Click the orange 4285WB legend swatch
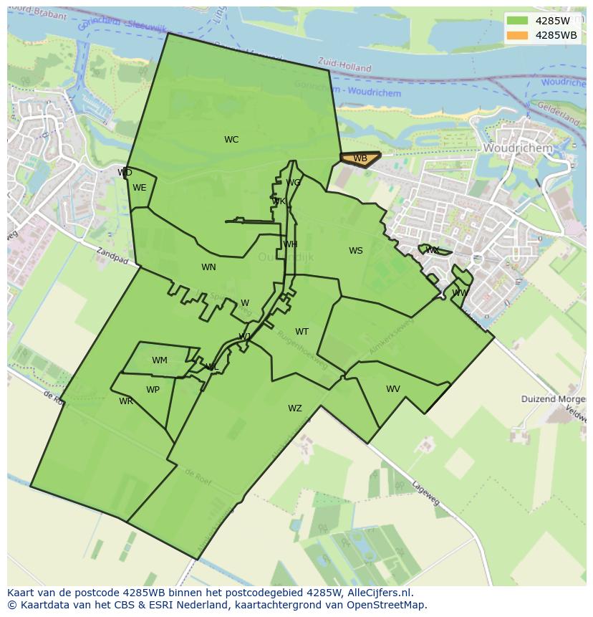click(x=517, y=35)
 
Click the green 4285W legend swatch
click(x=517, y=21)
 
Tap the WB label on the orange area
click(x=360, y=158)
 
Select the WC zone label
click(x=231, y=140)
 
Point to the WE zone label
click(x=140, y=188)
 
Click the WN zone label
click(x=208, y=267)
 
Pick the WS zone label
click(x=356, y=251)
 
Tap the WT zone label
click(x=302, y=332)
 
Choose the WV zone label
click(x=393, y=389)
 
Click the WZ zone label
click(x=295, y=408)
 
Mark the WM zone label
click(x=160, y=360)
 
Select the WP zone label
click(x=153, y=390)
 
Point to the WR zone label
click(x=126, y=401)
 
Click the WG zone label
click(x=293, y=183)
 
